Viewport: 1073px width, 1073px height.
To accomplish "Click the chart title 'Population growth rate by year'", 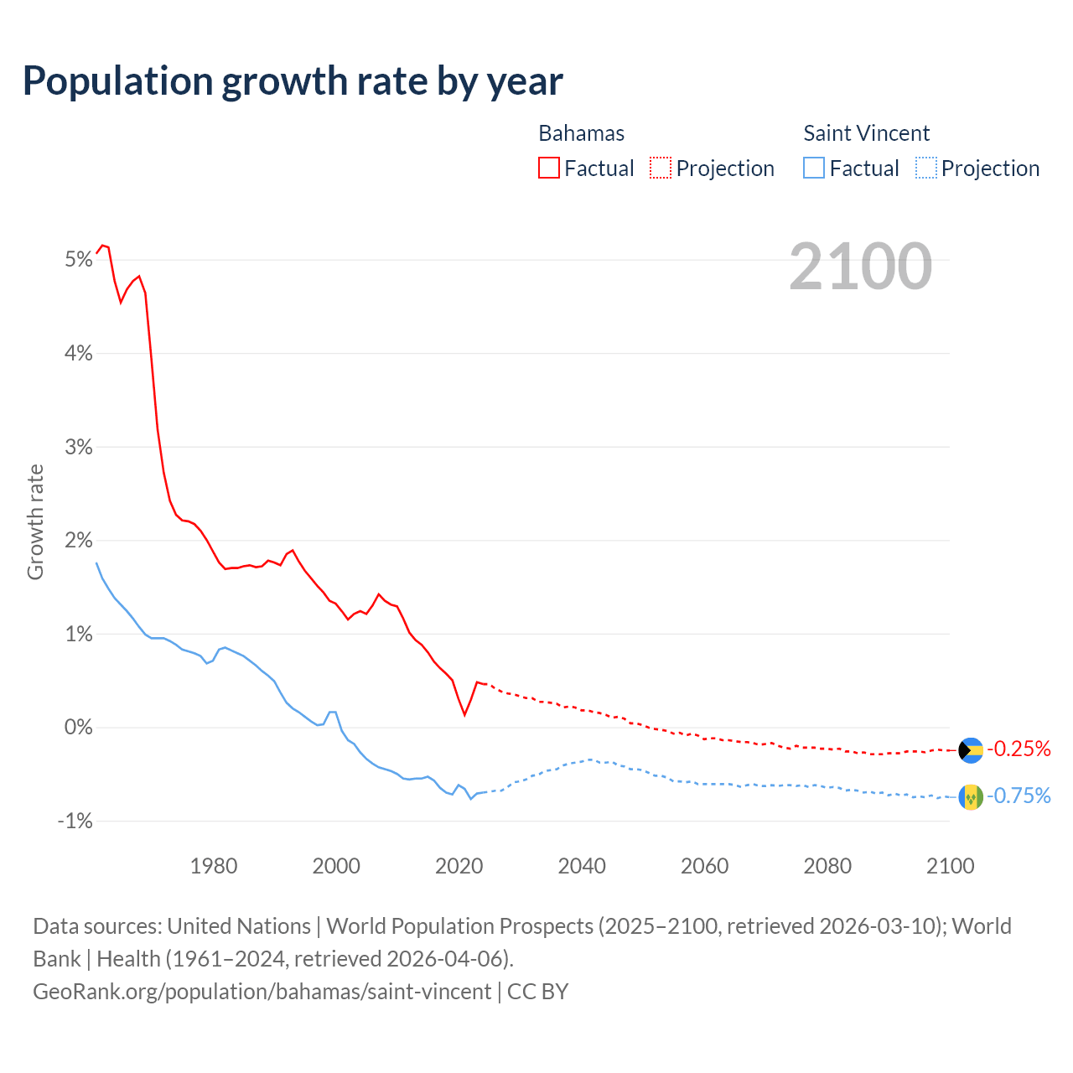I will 293,81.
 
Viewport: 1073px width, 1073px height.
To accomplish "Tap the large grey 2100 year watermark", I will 860,267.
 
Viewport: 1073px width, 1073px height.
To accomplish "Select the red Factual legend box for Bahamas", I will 549,168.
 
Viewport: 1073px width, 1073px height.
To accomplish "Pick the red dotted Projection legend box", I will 661,168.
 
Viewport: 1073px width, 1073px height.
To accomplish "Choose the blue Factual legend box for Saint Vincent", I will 814,168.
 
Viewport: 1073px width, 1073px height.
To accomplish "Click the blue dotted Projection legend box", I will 925,168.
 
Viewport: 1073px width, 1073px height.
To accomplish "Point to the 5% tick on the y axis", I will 78,260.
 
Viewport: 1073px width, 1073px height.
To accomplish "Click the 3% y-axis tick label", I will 78,447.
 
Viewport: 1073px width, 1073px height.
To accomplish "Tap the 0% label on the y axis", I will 78,728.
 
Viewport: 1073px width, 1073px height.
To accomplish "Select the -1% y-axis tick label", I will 75,821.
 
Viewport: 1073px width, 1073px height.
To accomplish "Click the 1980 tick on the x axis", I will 214,866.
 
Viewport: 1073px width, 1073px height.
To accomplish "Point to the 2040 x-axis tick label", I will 582,866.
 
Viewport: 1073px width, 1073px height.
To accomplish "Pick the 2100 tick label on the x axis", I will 950,866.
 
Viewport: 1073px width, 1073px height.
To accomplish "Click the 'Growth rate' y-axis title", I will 35,521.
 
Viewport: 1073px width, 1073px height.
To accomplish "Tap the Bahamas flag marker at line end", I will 970,749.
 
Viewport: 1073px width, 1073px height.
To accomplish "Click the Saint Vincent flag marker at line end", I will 970,796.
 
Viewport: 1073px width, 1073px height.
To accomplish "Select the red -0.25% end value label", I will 1019,749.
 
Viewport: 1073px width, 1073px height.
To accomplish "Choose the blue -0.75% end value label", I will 1019,796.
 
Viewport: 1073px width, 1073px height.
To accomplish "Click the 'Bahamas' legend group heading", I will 581,133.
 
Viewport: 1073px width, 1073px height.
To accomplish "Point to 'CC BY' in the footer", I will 538,992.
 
